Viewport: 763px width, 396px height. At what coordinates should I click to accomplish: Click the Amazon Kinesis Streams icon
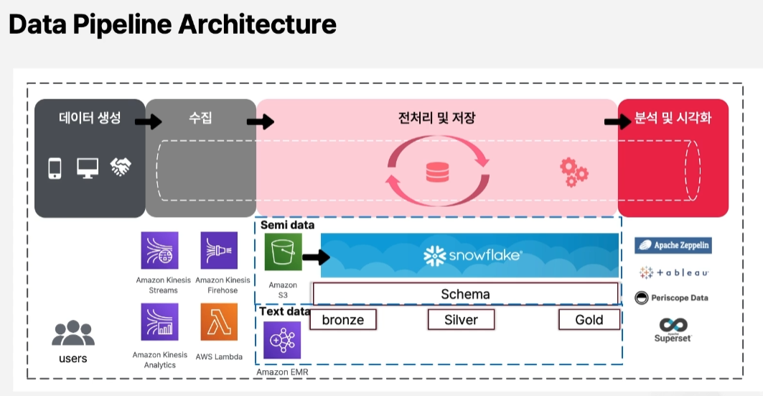(159, 250)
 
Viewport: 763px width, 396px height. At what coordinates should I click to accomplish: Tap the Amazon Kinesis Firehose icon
(219, 250)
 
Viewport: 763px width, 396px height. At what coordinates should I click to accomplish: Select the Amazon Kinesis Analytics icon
(159, 322)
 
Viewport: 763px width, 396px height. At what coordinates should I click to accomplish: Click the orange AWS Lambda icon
(219, 322)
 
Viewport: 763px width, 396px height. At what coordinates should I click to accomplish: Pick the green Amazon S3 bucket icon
(284, 252)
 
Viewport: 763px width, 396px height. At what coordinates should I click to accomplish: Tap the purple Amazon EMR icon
(282, 340)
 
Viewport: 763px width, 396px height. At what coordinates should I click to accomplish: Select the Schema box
(465, 294)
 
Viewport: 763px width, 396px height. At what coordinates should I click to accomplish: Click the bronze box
(343, 320)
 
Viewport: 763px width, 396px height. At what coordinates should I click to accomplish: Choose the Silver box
(461, 320)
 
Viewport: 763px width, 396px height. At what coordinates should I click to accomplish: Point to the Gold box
(589, 320)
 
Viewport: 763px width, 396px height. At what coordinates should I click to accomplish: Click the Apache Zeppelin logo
(673, 245)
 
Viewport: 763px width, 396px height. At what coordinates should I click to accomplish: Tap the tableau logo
(674, 273)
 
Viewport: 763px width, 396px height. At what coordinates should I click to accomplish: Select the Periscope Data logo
(672, 298)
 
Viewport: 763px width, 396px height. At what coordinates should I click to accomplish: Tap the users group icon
(73, 333)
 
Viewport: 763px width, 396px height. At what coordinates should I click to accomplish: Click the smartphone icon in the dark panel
(55, 168)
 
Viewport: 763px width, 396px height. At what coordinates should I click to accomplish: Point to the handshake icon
(120, 167)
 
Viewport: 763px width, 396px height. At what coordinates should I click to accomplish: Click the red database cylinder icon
(437, 172)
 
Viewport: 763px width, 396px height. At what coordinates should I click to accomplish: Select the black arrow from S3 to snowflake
(316, 256)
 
